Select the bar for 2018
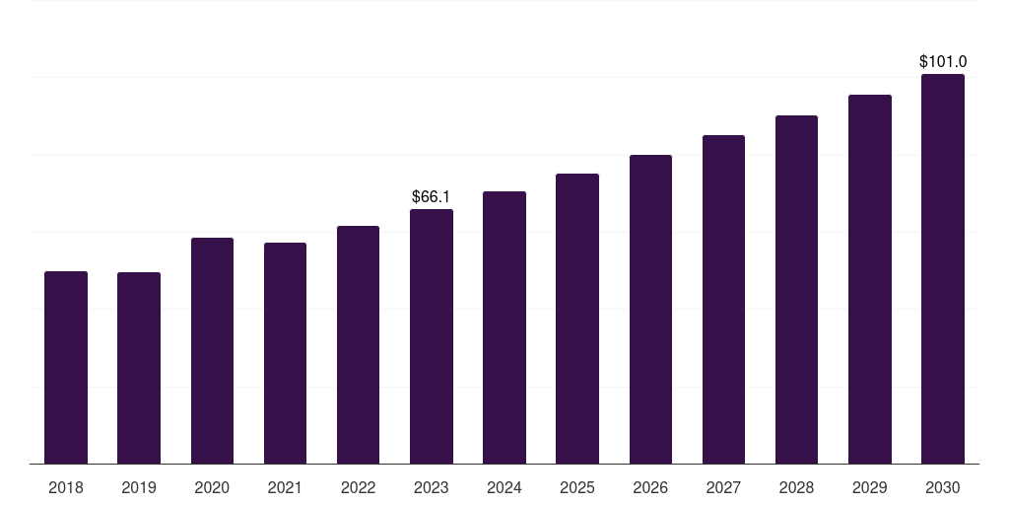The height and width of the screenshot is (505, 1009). click(x=66, y=367)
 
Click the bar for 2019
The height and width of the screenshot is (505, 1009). click(x=139, y=368)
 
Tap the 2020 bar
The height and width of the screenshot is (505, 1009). click(x=213, y=350)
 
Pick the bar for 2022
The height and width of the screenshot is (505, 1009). click(x=358, y=344)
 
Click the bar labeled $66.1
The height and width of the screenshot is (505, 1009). click(x=432, y=336)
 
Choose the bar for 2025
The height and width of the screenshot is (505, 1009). click(x=577, y=319)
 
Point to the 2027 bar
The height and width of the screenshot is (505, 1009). click(x=723, y=300)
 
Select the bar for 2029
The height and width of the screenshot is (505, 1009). click(x=870, y=279)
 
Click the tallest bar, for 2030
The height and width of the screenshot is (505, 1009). click(x=943, y=268)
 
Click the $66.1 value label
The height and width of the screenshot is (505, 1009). click(x=432, y=196)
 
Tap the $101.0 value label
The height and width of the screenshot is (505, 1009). click(x=943, y=61)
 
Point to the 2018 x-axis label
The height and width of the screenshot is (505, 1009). click(x=66, y=487)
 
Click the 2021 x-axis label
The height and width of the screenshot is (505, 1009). click(x=285, y=487)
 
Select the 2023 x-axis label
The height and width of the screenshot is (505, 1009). click(x=432, y=487)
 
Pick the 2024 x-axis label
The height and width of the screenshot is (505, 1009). click(x=504, y=487)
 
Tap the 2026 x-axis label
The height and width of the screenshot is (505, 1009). click(x=650, y=487)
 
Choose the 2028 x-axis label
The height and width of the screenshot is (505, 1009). click(x=796, y=487)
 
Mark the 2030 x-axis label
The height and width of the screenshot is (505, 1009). click(x=943, y=487)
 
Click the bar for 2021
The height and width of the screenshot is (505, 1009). click(x=285, y=353)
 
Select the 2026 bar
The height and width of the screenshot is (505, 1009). click(x=650, y=309)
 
